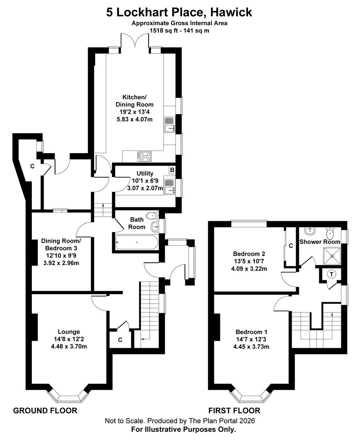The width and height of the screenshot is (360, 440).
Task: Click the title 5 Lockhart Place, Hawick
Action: coord(179,12)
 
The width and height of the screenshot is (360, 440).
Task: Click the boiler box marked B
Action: coord(172,170)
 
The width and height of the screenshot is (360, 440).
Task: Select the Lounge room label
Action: coord(69,332)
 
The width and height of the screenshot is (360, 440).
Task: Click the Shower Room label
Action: coord(319,242)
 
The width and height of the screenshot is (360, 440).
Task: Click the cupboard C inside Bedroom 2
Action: coord(290,246)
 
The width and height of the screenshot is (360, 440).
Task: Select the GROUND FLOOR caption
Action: coord(45,410)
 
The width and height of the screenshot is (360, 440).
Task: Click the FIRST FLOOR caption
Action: coord(234,410)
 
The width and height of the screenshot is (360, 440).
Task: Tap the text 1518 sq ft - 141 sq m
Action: coord(179,31)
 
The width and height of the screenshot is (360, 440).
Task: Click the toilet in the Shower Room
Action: coord(330,233)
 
